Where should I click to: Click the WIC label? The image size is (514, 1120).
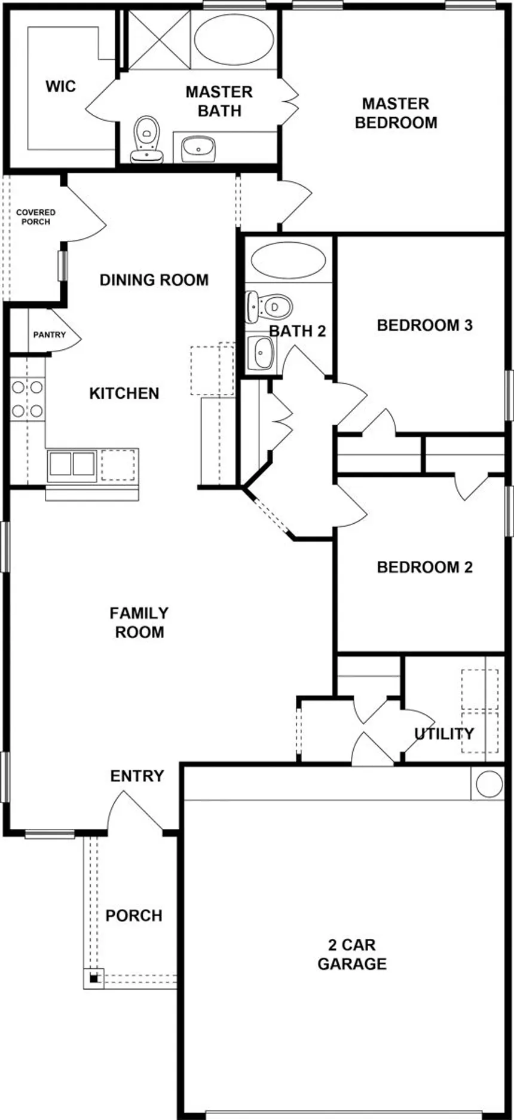coord(61,87)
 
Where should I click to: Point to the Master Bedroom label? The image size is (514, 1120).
coord(396,113)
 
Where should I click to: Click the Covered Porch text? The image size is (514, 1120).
coord(36,217)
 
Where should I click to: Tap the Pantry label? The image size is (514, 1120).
coord(50,335)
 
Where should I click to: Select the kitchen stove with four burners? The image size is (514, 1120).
coord(27,399)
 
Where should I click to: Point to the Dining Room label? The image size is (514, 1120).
coord(154,280)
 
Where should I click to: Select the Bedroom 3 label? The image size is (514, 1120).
coord(425,325)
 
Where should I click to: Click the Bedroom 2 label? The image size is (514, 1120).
coord(425,567)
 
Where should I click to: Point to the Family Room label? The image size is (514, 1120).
coord(139,622)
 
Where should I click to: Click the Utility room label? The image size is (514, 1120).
coord(444,734)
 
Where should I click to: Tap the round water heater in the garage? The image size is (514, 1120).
coord(489,783)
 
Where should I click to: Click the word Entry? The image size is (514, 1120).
coord(137,776)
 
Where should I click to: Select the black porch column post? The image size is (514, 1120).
coord(94,978)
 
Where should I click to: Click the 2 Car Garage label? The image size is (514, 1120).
coord(352,954)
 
